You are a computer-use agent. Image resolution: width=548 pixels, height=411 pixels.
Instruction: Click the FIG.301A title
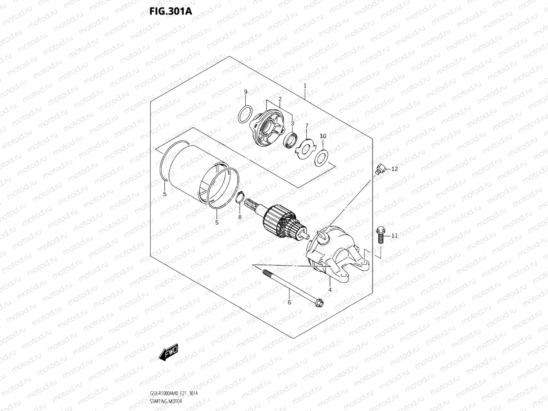click(x=171, y=11)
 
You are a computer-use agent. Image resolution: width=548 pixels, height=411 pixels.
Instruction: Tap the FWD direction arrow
click(x=168, y=352)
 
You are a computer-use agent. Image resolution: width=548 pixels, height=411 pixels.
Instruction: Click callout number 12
click(x=394, y=169)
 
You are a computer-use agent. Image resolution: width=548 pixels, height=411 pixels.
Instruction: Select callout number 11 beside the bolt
click(x=394, y=235)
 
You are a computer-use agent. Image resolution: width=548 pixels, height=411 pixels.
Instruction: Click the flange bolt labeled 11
click(x=380, y=235)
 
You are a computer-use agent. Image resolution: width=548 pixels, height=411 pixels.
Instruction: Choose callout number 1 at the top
click(x=305, y=85)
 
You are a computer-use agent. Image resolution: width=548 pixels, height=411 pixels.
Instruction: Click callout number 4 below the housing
click(x=330, y=289)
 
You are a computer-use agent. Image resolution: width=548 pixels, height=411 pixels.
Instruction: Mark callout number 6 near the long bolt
click(x=289, y=302)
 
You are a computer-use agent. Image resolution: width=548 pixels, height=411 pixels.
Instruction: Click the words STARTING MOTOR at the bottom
click(x=166, y=401)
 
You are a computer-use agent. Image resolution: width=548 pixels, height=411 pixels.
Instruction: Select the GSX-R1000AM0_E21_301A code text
click(x=174, y=393)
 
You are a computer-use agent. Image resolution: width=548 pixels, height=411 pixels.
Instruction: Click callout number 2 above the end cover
click(x=280, y=99)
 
